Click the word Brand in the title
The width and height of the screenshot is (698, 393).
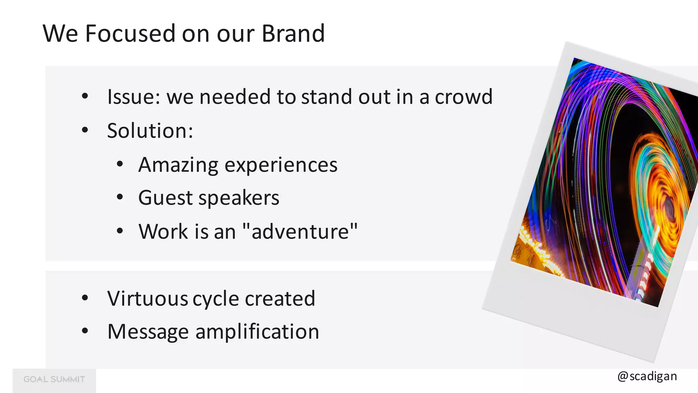(293, 33)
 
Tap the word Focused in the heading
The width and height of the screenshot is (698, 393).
(130, 33)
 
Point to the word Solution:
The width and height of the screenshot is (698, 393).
(150, 131)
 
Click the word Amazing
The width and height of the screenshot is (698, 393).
(178, 165)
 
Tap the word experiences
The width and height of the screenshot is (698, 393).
(281, 165)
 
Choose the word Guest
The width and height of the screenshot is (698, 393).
(165, 198)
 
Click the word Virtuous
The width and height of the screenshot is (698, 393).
(148, 299)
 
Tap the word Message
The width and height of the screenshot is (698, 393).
(148, 332)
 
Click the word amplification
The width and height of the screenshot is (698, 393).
(257, 332)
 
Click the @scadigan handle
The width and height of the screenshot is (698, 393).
(647, 376)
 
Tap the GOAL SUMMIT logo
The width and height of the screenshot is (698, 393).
(54, 379)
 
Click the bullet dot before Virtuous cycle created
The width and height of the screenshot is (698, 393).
(85, 298)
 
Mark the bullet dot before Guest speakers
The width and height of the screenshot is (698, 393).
(119, 197)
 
